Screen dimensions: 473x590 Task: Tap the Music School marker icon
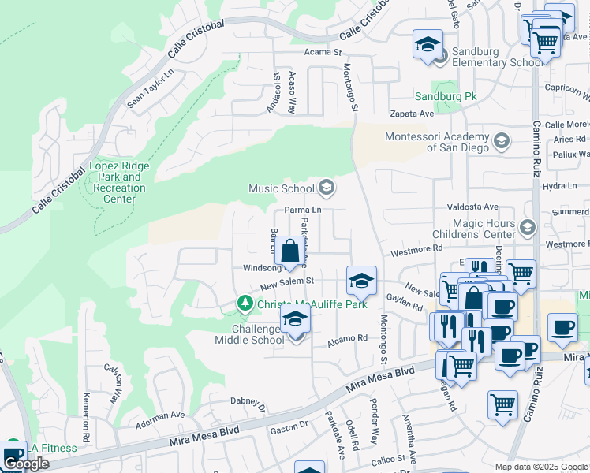point(327,188)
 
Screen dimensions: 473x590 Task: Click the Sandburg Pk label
point(446,96)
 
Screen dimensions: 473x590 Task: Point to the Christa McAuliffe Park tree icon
point(245,304)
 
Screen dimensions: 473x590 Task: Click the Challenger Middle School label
point(248,334)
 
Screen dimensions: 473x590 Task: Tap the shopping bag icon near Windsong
point(289,251)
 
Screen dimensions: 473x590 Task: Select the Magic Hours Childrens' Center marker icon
point(527,228)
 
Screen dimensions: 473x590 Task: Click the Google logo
point(26,464)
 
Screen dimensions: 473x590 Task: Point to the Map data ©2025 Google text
point(540,467)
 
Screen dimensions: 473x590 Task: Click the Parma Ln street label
point(303,210)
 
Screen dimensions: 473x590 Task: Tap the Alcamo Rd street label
point(348,338)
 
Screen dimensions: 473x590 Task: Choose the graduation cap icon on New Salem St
point(361,281)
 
